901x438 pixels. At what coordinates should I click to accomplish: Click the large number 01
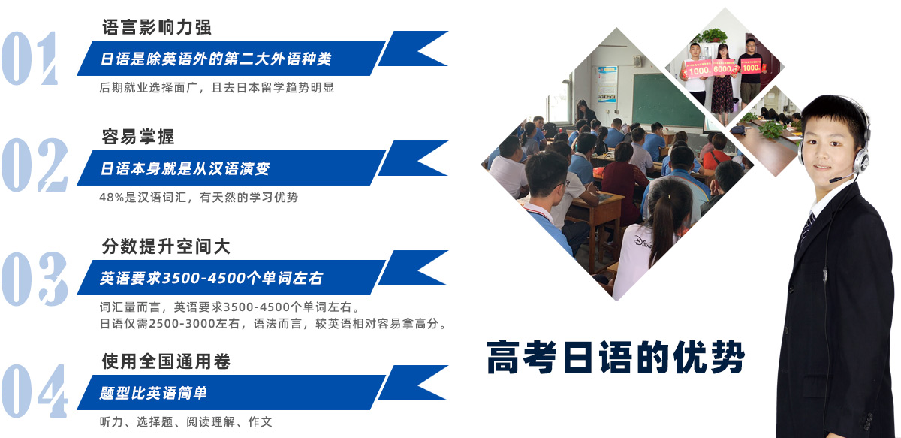click(x=30, y=59)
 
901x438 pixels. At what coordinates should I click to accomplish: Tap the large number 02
click(x=35, y=165)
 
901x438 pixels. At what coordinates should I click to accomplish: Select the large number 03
click(x=35, y=279)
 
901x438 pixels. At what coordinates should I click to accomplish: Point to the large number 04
click(x=35, y=391)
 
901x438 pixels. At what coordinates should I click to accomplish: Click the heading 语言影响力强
click(x=156, y=27)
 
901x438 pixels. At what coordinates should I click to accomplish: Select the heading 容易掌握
click(x=138, y=137)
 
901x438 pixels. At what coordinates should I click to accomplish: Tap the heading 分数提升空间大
click(x=166, y=246)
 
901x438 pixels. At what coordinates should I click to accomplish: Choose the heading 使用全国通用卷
click(x=166, y=361)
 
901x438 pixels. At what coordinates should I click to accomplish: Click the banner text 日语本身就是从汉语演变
click(x=185, y=168)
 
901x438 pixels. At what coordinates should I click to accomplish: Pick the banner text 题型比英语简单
click(x=153, y=393)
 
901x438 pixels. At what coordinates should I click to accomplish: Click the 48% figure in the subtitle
click(x=111, y=198)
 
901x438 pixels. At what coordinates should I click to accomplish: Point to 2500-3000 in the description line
click(x=182, y=324)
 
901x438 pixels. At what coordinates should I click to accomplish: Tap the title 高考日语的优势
click(x=616, y=358)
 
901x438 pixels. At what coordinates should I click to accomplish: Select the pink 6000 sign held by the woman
click(x=722, y=68)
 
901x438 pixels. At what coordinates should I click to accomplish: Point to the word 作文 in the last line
click(x=261, y=422)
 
